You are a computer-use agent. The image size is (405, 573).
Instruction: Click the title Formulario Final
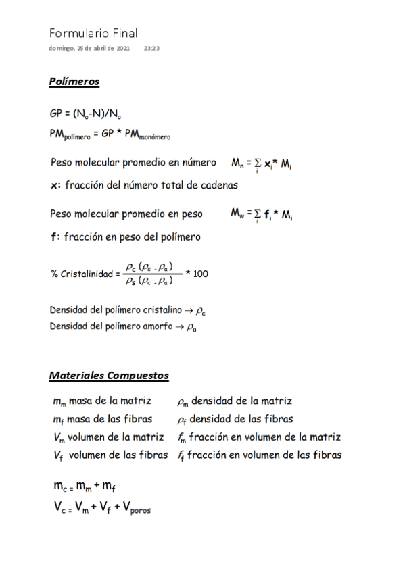click(93, 33)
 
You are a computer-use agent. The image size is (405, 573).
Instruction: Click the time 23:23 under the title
click(151, 49)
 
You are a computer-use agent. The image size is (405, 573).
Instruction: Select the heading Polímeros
click(74, 82)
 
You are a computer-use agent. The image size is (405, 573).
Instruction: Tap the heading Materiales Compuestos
click(109, 375)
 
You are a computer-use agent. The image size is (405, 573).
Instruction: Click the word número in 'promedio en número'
click(196, 163)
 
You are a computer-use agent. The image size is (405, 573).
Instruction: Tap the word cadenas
click(218, 184)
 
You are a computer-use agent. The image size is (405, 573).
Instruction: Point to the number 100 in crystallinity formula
click(200, 274)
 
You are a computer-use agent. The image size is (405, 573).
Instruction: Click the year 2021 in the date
click(123, 49)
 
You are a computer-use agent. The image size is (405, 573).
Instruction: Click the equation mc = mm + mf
click(90, 487)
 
